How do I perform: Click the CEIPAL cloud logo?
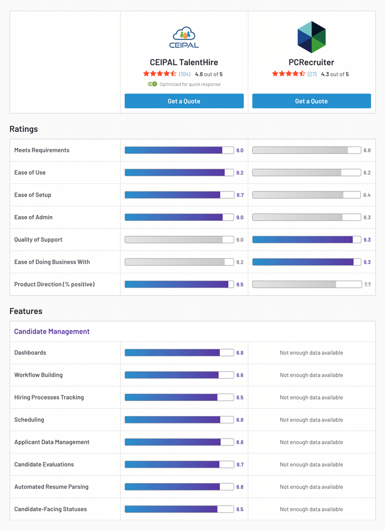point(184,37)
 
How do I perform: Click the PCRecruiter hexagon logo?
point(311,37)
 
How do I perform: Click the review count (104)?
point(184,74)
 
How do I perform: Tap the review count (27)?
point(312,74)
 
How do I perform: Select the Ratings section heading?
point(24,129)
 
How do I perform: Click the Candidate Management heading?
point(52,332)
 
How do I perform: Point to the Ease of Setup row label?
point(33,195)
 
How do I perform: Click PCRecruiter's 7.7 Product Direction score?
point(367,284)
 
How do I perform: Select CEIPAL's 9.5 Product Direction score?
point(240,284)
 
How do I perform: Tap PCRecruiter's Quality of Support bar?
point(306,240)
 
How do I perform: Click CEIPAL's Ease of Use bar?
point(179,173)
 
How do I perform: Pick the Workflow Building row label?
point(38,375)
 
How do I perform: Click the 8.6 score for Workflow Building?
point(240,375)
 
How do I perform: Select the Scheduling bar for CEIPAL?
point(179,420)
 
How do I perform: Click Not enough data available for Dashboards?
point(311,353)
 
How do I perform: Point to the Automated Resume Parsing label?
point(51,487)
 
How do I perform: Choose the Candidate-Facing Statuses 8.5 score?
point(240,510)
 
